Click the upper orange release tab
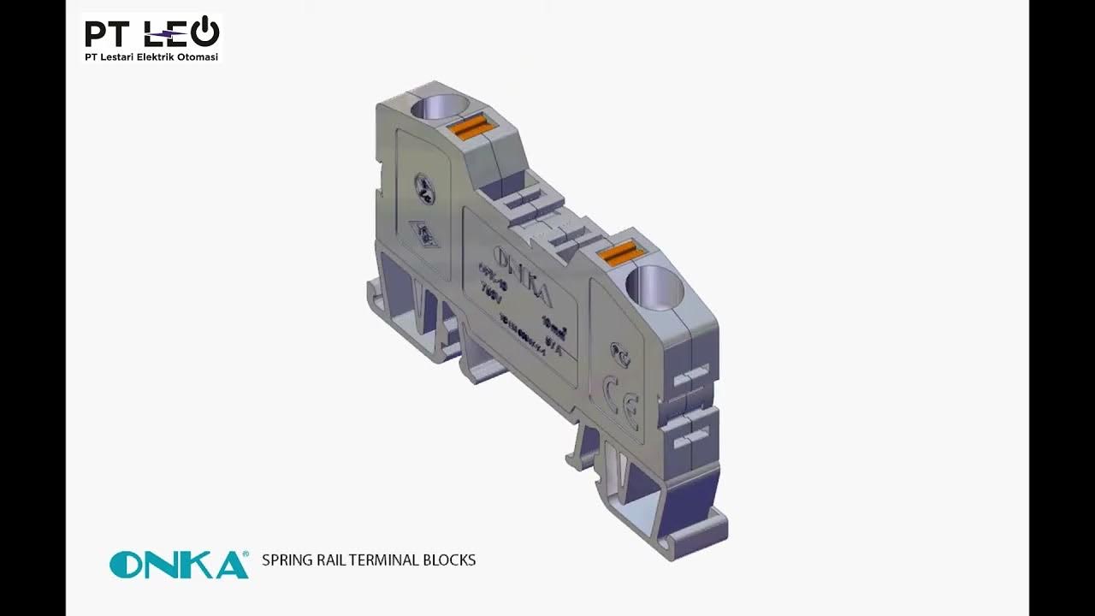pyautogui.click(x=469, y=127)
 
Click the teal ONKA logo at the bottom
pyautogui.click(x=179, y=564)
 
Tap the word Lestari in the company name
pyautogui.click(x=116, y=57)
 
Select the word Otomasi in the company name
pyautogui.click(x=198, y=57)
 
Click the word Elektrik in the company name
pyautogui.click(x=157, y=57)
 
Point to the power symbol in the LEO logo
pyautogui.click(x=205, y=33)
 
